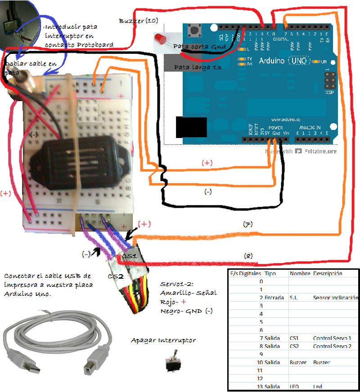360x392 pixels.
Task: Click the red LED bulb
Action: coord(160,39)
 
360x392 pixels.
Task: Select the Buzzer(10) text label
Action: coord(138,21)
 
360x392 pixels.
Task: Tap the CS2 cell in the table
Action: coord(295,346)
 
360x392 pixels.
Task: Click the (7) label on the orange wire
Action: coord(247,223)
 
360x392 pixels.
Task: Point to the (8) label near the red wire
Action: coord(248,255)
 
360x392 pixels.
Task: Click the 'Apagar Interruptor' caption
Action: coord(163,340)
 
